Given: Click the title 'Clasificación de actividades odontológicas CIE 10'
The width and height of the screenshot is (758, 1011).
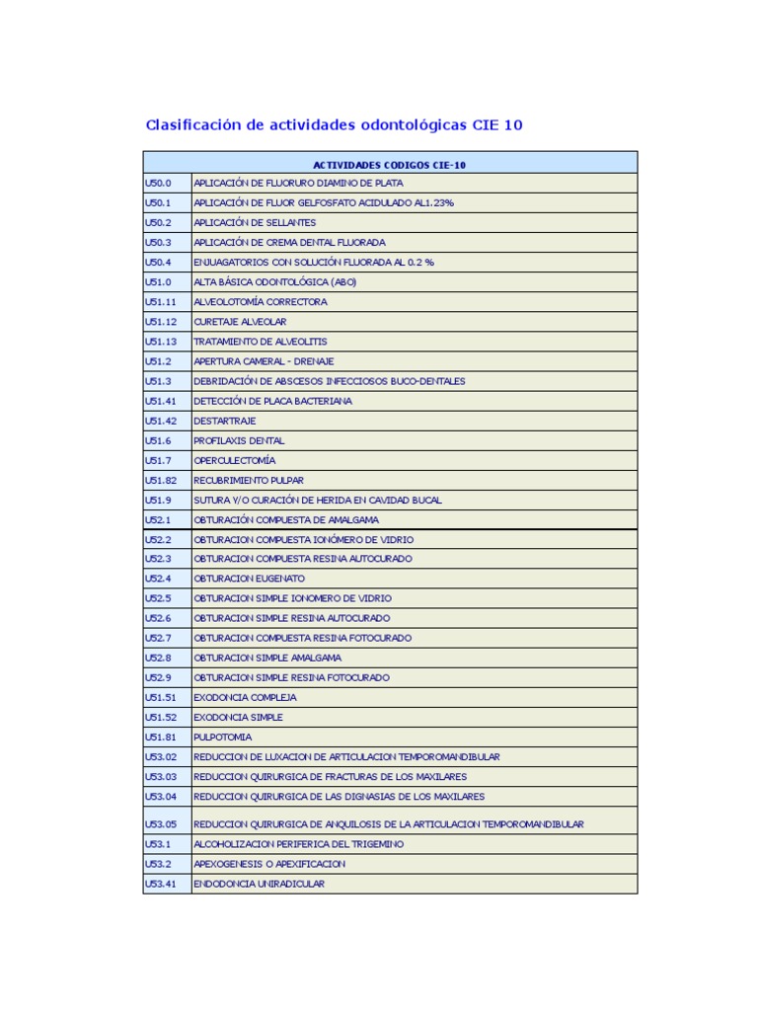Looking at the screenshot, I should pos(334,125).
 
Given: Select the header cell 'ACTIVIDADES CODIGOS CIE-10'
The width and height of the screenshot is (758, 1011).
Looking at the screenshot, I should pos(389,165).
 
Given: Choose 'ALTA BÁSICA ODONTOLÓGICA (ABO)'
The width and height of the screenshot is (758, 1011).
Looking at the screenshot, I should pos(275,282).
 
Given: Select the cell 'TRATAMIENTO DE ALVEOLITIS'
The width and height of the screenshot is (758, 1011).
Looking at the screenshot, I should pos(261,342).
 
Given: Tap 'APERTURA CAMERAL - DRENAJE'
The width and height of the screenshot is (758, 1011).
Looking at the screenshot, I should pos(264,361).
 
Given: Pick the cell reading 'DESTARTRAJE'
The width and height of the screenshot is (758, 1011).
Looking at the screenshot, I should pos(225,421).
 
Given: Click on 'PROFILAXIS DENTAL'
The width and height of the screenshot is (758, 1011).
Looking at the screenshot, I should pos(239,440).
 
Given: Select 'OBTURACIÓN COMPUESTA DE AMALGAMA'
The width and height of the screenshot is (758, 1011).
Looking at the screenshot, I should pos(286,519).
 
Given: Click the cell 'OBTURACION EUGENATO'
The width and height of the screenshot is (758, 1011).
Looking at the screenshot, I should pos(249,579).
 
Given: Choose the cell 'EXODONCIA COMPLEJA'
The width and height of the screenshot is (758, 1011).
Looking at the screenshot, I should pos(245,697).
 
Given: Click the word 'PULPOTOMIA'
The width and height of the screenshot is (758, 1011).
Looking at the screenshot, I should pos(223,737).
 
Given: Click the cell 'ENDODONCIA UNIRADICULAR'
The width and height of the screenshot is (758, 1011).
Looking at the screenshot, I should pos(259,884).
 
